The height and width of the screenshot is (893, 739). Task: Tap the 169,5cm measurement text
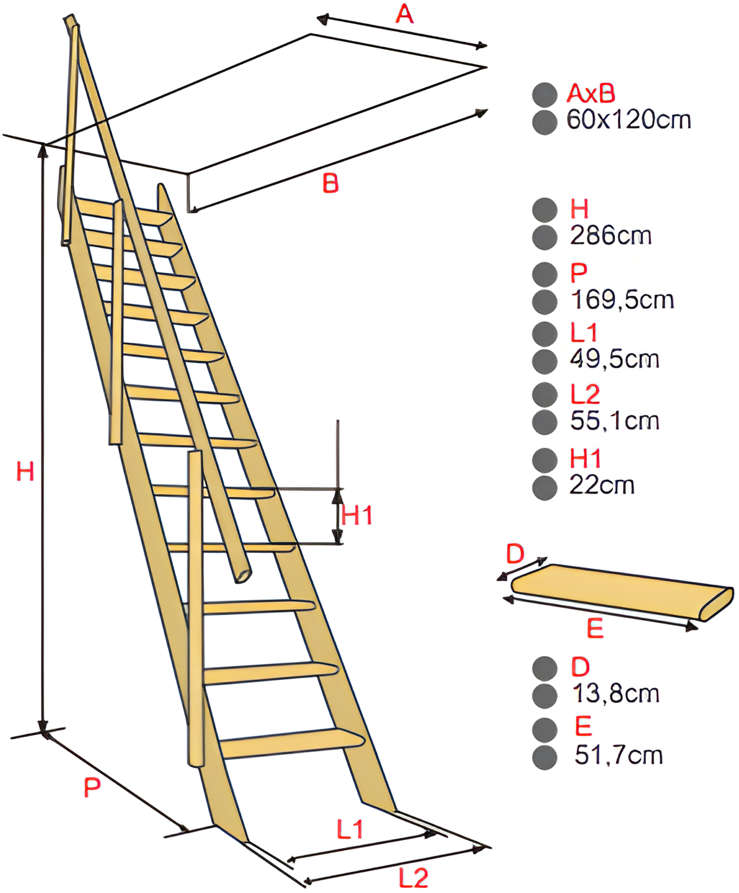pos(622,300)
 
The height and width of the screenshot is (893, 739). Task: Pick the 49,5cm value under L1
pos(614,360)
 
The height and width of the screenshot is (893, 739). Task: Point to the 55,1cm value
pos(614,421)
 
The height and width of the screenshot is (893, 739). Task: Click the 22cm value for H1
pos(602,485)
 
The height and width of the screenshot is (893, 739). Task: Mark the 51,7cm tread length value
pos(618,756)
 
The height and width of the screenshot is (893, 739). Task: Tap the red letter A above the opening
pos(404,15)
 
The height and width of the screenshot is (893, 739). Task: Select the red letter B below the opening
pos(331,184)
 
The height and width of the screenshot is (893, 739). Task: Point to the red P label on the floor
pos(92,787)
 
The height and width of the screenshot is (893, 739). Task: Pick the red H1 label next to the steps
pos(357,516)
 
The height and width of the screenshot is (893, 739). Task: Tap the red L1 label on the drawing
pos(350,829)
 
